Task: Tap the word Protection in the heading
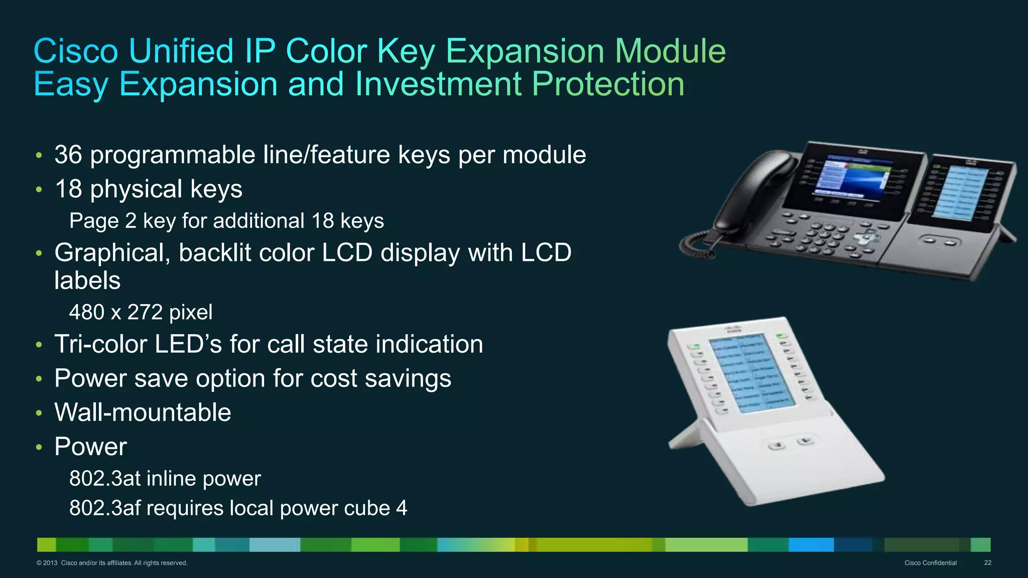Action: coord(608,84)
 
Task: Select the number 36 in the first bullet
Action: coord(68,155)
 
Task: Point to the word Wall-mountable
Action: coord(143,412)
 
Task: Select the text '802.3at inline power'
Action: coord(165,479)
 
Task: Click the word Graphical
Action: coord(112,253)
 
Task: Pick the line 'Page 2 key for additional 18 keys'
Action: coord(226,221)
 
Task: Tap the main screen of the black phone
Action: coord(853,178)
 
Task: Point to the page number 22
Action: coord(987,563)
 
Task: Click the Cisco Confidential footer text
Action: coord(930,563)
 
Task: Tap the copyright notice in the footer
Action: coord(112,563)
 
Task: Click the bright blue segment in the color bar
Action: coord(811,544)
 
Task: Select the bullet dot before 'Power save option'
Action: coord(39,379)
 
